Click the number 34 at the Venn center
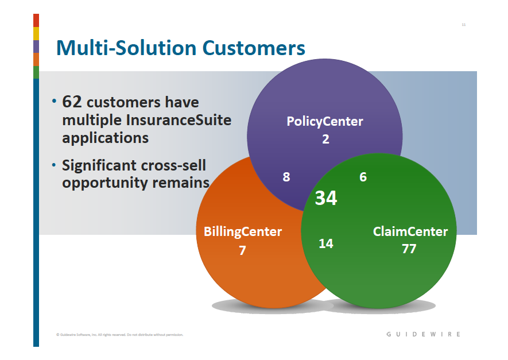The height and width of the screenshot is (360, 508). click(x=326, y=198)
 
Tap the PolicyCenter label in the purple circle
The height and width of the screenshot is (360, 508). click(x=325, y=121)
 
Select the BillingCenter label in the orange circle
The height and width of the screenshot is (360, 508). click(x=243, y=232)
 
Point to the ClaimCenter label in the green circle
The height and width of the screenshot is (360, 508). click(x=410, y=231)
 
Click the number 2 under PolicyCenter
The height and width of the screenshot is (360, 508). click(x=325, y=139)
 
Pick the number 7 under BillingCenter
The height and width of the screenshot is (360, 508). click(x=243, y=250)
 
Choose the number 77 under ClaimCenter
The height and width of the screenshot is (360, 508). click(x=409, y=249)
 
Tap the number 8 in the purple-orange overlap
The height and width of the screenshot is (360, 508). click(x=286, y=177)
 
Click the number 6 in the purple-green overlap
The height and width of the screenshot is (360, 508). click(x=363, y=177)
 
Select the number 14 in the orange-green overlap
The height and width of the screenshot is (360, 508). click(x=326, y=243)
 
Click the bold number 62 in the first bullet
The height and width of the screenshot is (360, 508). click(x=72, y=102)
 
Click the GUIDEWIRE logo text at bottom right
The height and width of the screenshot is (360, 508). click(x=423, y=334)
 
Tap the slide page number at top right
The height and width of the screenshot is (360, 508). click(x=463, y=25)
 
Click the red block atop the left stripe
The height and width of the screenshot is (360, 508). click(x=36, y=20)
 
